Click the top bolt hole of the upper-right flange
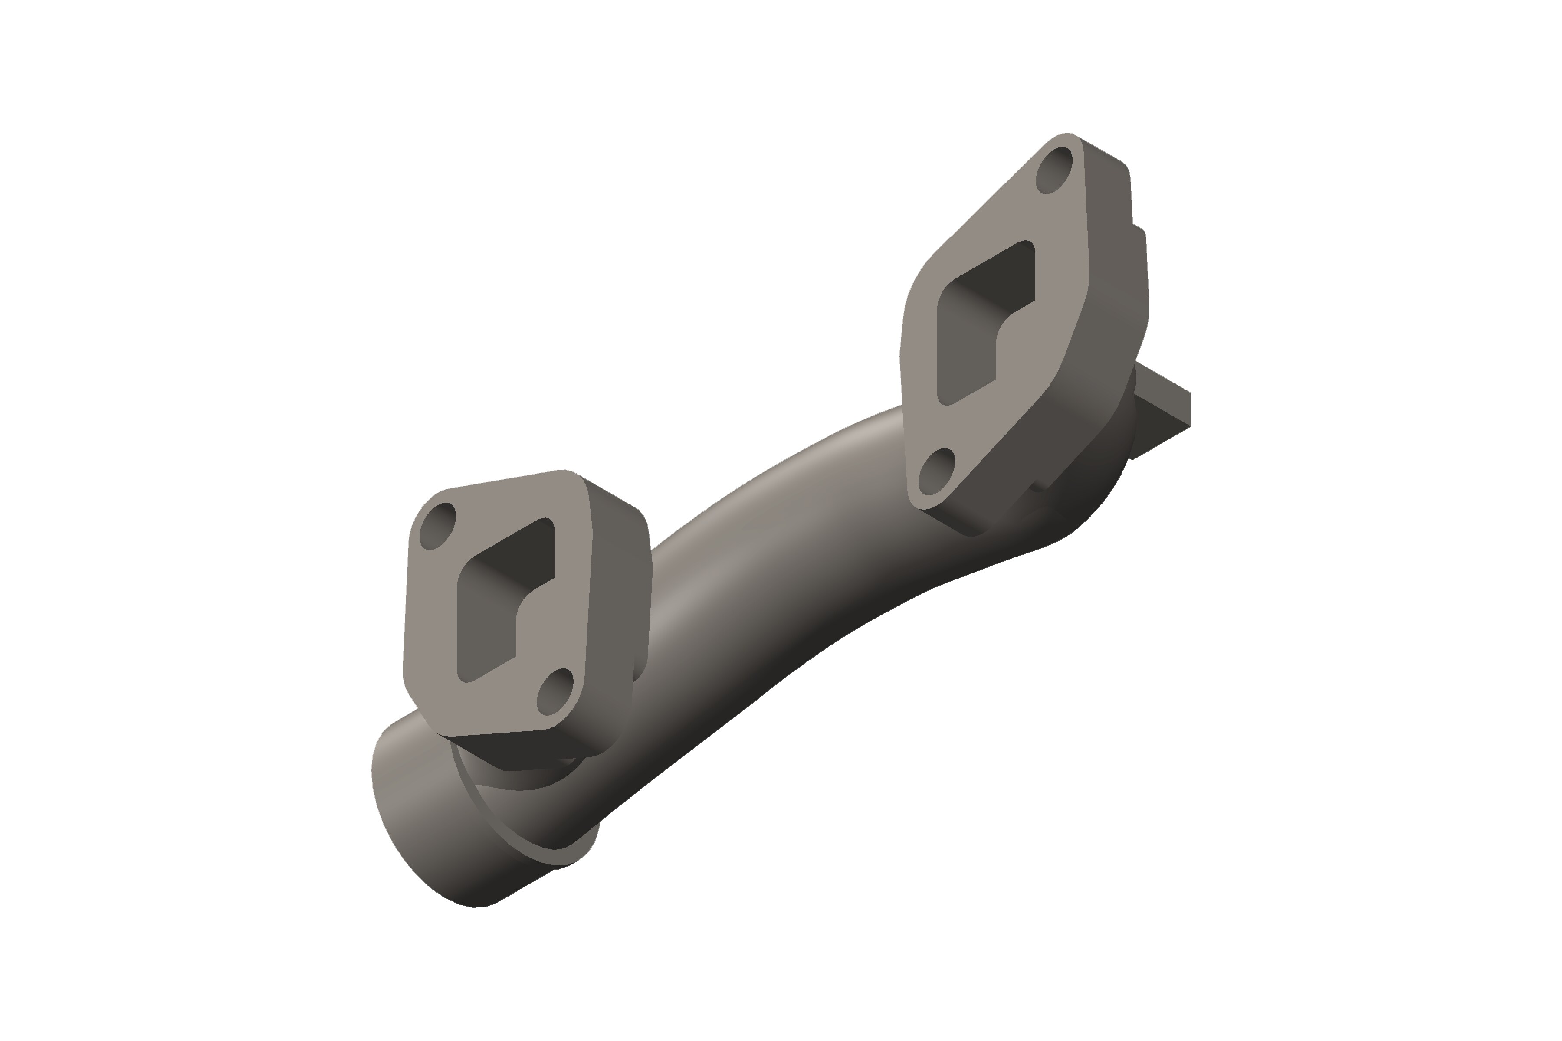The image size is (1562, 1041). [1055, 170]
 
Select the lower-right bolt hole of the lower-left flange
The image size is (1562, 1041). [555, 692]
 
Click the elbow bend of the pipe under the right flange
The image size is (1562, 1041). [1089, 491]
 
